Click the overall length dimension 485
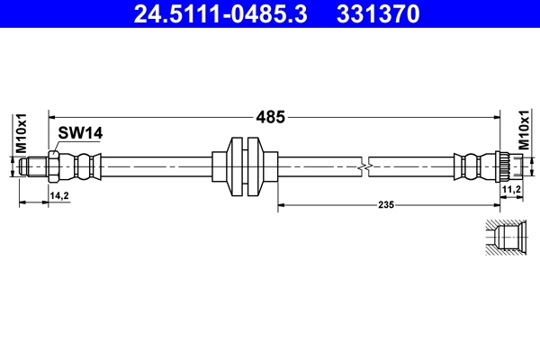[x=271, y=117]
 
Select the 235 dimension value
[x=386, y=205]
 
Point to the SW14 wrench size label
[x=80, y=133]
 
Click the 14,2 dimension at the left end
[x=58, y=194]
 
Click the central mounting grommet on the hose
[x=245, y=166]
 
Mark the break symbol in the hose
[x=364, y=166]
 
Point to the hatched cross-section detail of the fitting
[x=503, y=238]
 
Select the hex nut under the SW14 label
[x=55, y=166]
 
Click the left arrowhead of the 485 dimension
[x=51, y=117]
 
